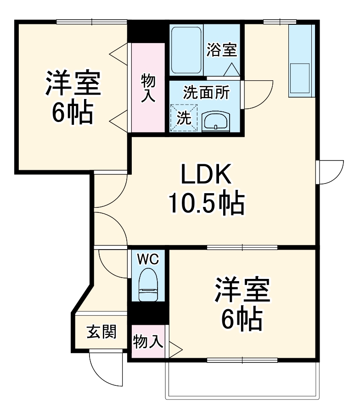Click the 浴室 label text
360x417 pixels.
click(222, 50)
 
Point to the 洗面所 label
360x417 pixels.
click(206, 93)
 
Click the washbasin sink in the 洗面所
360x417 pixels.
click(215, 122)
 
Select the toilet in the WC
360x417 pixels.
click(148, 284)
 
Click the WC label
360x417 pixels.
click(148, 259)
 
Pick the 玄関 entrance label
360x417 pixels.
click(101, 331)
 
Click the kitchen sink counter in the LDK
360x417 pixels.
click(301, 61)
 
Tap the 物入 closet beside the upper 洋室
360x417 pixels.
click(148, 87)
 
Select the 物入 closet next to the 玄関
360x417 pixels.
click(148, 341)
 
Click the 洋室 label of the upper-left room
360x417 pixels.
click(72, 83)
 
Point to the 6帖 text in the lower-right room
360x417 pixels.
click(242, 319)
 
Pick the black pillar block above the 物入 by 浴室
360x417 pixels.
click(148, 32)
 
